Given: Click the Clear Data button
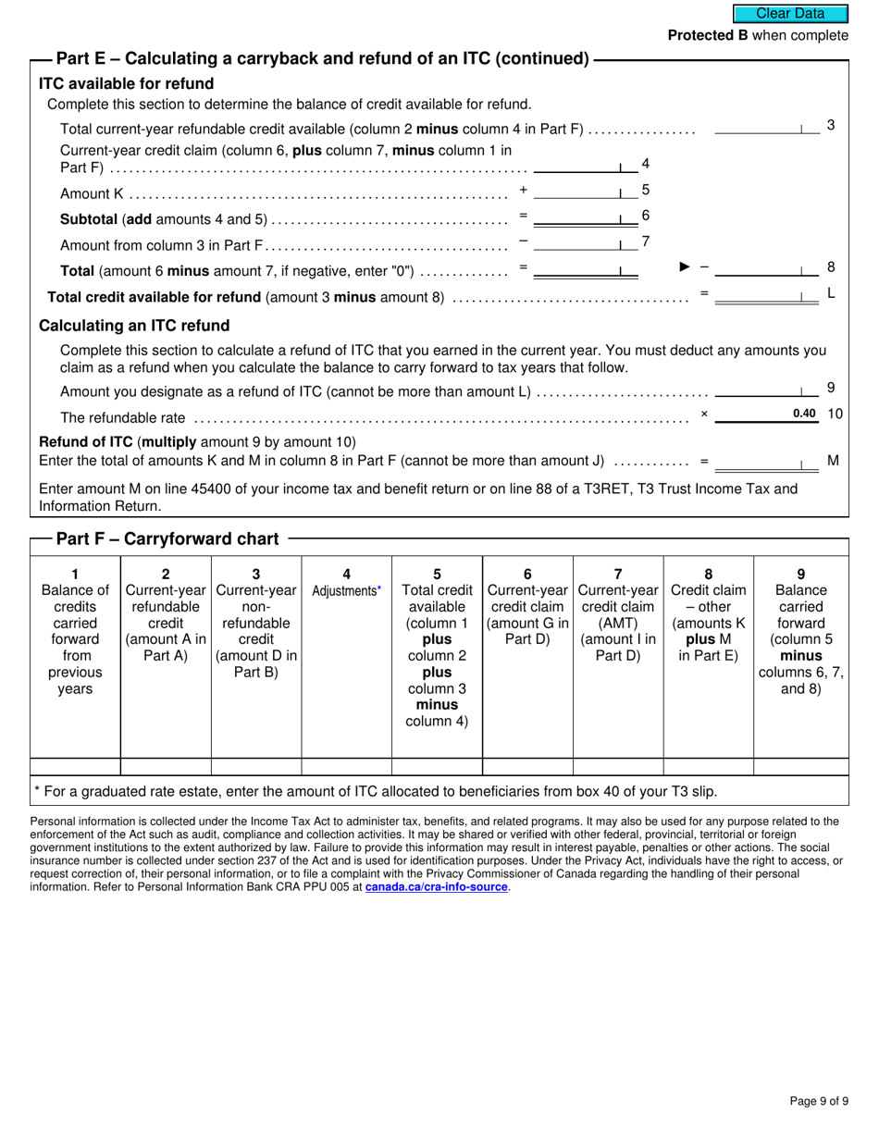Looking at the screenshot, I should [x=790, y=13].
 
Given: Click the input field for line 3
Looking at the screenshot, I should [x=766, y=127].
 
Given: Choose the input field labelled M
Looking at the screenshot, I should [x=766, y=461].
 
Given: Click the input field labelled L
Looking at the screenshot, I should [x=766, y=295].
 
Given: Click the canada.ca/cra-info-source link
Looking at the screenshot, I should [x=436, y=886].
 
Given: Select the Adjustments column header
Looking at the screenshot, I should [x=346, y=590].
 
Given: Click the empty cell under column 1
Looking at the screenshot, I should [x=75, y=766].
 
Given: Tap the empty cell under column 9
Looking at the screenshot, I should [x=800, y=766].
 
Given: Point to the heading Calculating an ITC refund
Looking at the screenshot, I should [x=134, y=326].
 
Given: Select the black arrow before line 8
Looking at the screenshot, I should [x=685, y=266].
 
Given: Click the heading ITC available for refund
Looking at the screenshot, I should [x=126, y=83].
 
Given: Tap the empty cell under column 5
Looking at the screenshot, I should [x=437, y=766].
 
